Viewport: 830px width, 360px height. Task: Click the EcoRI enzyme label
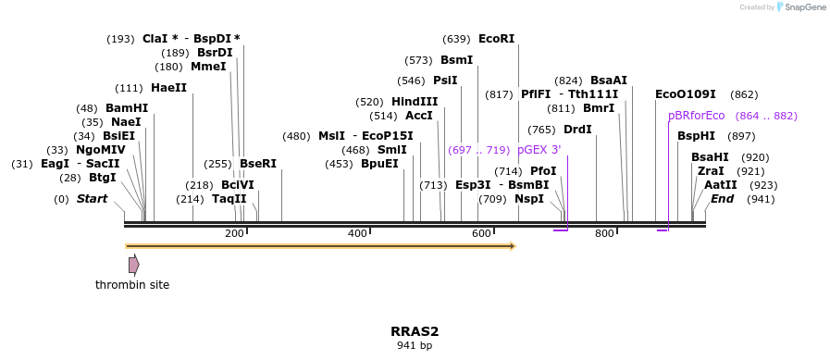tap(496, 39)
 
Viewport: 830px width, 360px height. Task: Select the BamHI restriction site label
tap(127, 108)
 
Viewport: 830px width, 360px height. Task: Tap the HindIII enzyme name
tap(414, 102)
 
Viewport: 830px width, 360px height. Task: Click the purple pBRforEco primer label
tap(696, 116)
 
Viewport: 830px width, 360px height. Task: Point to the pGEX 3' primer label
tap(539, 150)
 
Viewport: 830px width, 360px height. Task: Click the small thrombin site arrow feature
tap(133, 265)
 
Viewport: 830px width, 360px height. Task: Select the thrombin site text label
tap(132, 285)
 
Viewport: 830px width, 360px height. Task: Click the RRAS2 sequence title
tap(415, 331)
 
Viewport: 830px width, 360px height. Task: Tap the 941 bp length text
tap(415, 346)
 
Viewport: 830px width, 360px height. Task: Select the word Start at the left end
tap(92, 199)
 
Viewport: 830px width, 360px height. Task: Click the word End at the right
tap(722, 199)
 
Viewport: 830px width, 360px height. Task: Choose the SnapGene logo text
tap(803, 7)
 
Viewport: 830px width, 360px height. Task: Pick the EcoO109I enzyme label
tap(685, 94)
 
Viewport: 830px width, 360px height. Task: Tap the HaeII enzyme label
tap(168, 88)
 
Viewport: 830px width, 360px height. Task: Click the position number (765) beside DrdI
tap(541, 130)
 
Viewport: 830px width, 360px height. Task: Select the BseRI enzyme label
tap(258, 164)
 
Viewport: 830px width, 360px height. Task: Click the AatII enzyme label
tap(721, 185)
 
